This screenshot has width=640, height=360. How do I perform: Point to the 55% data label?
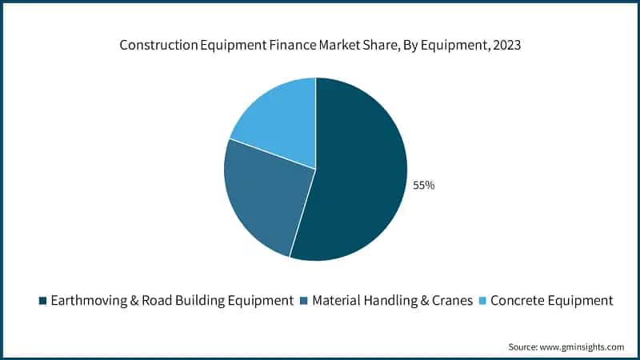(423, 186)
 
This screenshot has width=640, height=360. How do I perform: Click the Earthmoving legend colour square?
(42, 301)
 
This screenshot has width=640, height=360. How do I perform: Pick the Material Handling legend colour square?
(304, 301)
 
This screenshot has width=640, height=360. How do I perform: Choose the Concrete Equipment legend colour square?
(482, 301)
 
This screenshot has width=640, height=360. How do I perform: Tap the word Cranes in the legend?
(447, 301)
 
